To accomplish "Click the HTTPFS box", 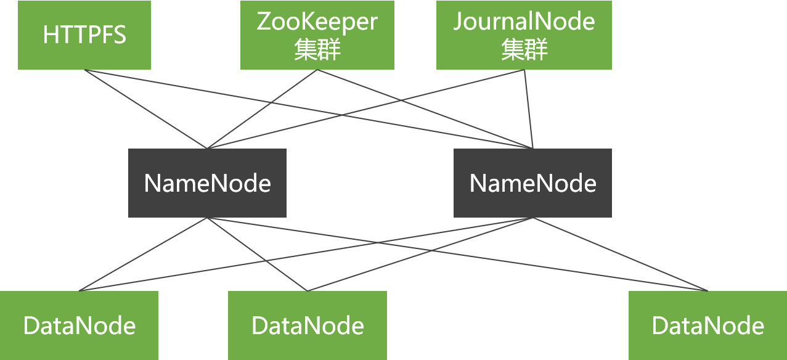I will tap(84, 35).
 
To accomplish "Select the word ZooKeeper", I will tap(317, 22).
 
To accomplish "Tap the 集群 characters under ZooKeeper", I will tap(317, 50).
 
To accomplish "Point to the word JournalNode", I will tap(524, 22).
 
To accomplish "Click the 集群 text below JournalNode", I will tap(524, 50).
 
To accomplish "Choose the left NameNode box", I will tap(207, 183).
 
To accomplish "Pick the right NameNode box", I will tap(532, 183).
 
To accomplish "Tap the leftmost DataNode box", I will tap(79, 325).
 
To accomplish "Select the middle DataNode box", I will tap(308, 325).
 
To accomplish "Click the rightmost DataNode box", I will tap(707, 325).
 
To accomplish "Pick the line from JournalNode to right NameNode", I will tap(528, 105).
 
